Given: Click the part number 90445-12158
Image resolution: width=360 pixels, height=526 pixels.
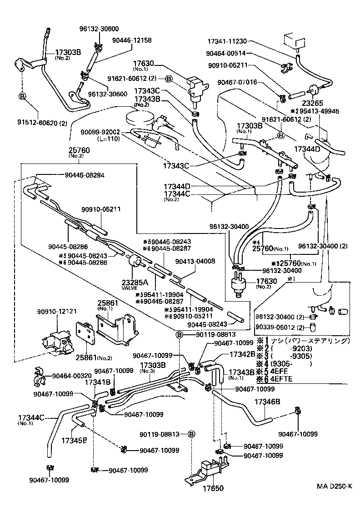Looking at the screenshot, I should coord(132,40).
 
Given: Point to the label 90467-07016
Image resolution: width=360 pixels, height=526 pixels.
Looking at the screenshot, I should coord(237,82).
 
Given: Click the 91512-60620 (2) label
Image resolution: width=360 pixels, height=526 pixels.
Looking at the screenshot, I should coord(42,122).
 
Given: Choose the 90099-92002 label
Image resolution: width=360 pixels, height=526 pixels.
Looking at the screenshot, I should coord(100,132).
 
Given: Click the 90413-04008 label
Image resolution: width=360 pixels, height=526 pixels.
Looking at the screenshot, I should coord(196,261).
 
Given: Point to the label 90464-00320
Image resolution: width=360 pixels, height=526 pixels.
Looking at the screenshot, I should coord(71,376).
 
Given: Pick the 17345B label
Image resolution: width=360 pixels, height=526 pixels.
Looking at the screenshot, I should coord(74,440).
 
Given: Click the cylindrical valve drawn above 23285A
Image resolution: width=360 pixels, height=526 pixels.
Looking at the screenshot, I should coord(135,262).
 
